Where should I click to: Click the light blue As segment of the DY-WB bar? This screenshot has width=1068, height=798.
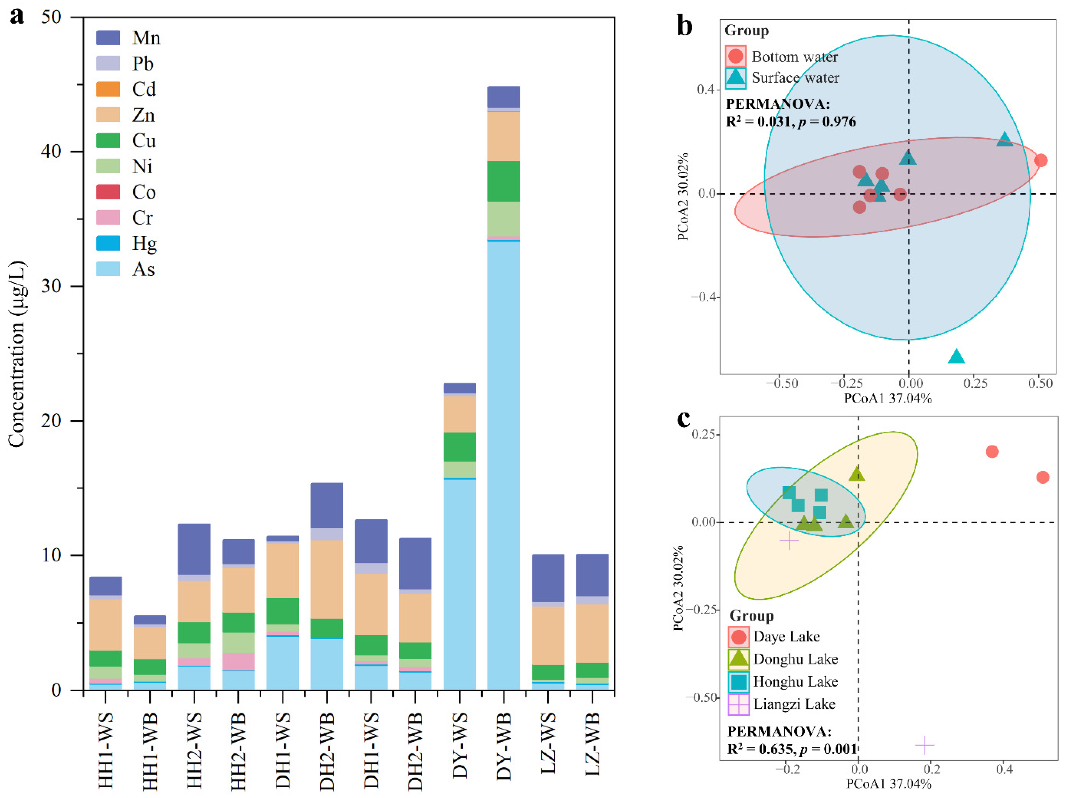(504, 463)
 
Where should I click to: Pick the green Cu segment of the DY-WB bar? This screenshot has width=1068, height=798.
(504, 181)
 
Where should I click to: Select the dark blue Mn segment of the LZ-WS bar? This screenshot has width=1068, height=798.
(548, 578)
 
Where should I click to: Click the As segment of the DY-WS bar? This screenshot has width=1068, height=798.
(459, 584)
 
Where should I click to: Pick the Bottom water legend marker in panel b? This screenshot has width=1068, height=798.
(735, 56)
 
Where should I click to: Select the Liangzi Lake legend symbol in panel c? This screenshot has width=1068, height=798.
(738, 704)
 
